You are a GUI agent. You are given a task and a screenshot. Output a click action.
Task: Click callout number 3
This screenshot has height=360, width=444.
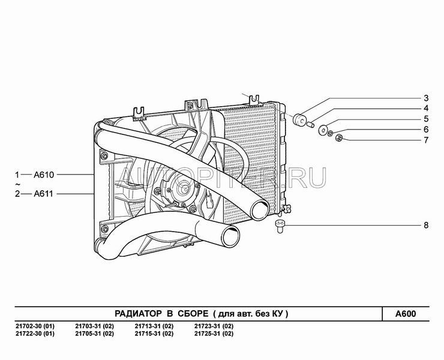(426, 98)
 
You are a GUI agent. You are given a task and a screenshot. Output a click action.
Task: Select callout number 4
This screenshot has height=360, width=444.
(426, 109)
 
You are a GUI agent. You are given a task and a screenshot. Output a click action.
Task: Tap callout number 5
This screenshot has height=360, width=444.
(426, 119)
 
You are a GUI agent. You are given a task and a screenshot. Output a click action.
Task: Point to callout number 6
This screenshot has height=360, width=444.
(426, 130)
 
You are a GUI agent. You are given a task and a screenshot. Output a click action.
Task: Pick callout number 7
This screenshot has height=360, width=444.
(426, 140)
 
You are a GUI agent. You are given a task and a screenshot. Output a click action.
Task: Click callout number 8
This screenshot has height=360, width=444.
(426, 226)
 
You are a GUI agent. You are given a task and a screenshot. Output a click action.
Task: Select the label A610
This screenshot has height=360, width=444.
(44, 175)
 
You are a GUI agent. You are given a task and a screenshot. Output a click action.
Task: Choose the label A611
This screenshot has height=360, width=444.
(43, 194)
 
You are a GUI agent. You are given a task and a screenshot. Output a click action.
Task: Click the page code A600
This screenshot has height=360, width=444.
(406, 314)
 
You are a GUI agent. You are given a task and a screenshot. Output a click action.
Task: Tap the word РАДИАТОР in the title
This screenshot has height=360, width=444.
(138, 314)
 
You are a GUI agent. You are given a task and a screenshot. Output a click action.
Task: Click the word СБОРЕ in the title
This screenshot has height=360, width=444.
(193, 314)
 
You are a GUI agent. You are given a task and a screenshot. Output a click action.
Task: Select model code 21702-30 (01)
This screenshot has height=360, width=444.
(35, 326)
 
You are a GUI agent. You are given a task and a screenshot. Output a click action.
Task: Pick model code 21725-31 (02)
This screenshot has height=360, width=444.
(214, 334)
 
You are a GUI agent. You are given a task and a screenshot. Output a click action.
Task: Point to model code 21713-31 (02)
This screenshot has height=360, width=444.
(154, 326)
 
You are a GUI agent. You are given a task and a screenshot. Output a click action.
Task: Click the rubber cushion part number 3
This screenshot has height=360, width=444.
(299, 119)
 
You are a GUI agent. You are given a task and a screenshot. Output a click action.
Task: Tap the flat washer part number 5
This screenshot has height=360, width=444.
(323, 130)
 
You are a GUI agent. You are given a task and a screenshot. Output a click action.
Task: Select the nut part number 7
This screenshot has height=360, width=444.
(339, 137)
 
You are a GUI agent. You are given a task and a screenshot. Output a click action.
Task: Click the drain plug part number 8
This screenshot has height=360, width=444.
(280, 226)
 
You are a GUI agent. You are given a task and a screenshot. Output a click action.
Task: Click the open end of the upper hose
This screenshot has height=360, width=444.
(260, 210)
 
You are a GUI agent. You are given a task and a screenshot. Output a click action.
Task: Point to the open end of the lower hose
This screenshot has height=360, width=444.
(230, 237)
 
